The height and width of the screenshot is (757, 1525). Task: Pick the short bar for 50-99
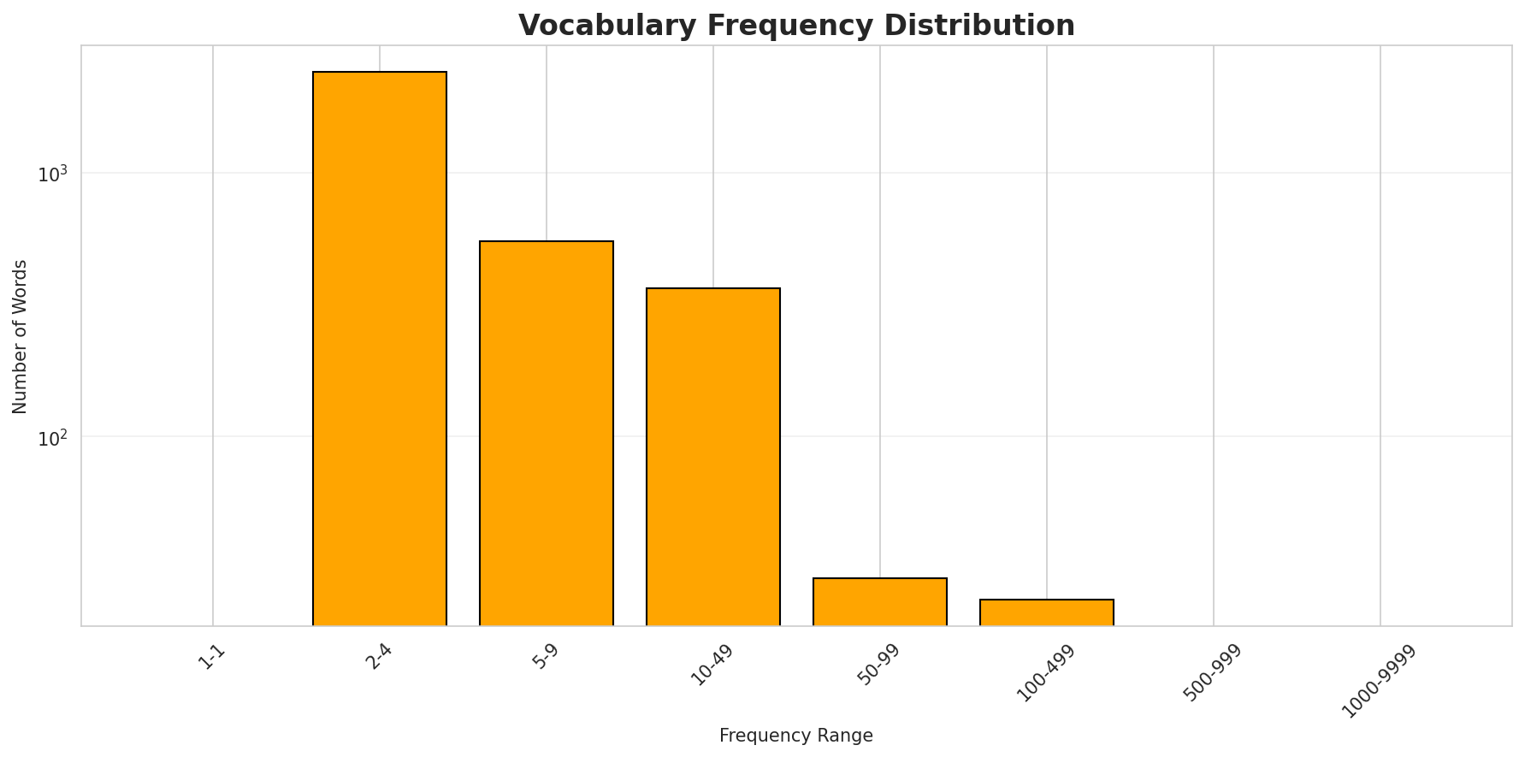coord(880,602)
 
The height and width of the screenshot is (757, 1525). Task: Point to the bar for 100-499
coord(1047,612)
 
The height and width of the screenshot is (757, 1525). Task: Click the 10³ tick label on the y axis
coord(53,174)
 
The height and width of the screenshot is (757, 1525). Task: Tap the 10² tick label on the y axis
coord(53,437)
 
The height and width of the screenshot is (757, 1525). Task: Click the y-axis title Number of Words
coord(21,336)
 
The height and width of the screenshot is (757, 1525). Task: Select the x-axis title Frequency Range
coord(795,736)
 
